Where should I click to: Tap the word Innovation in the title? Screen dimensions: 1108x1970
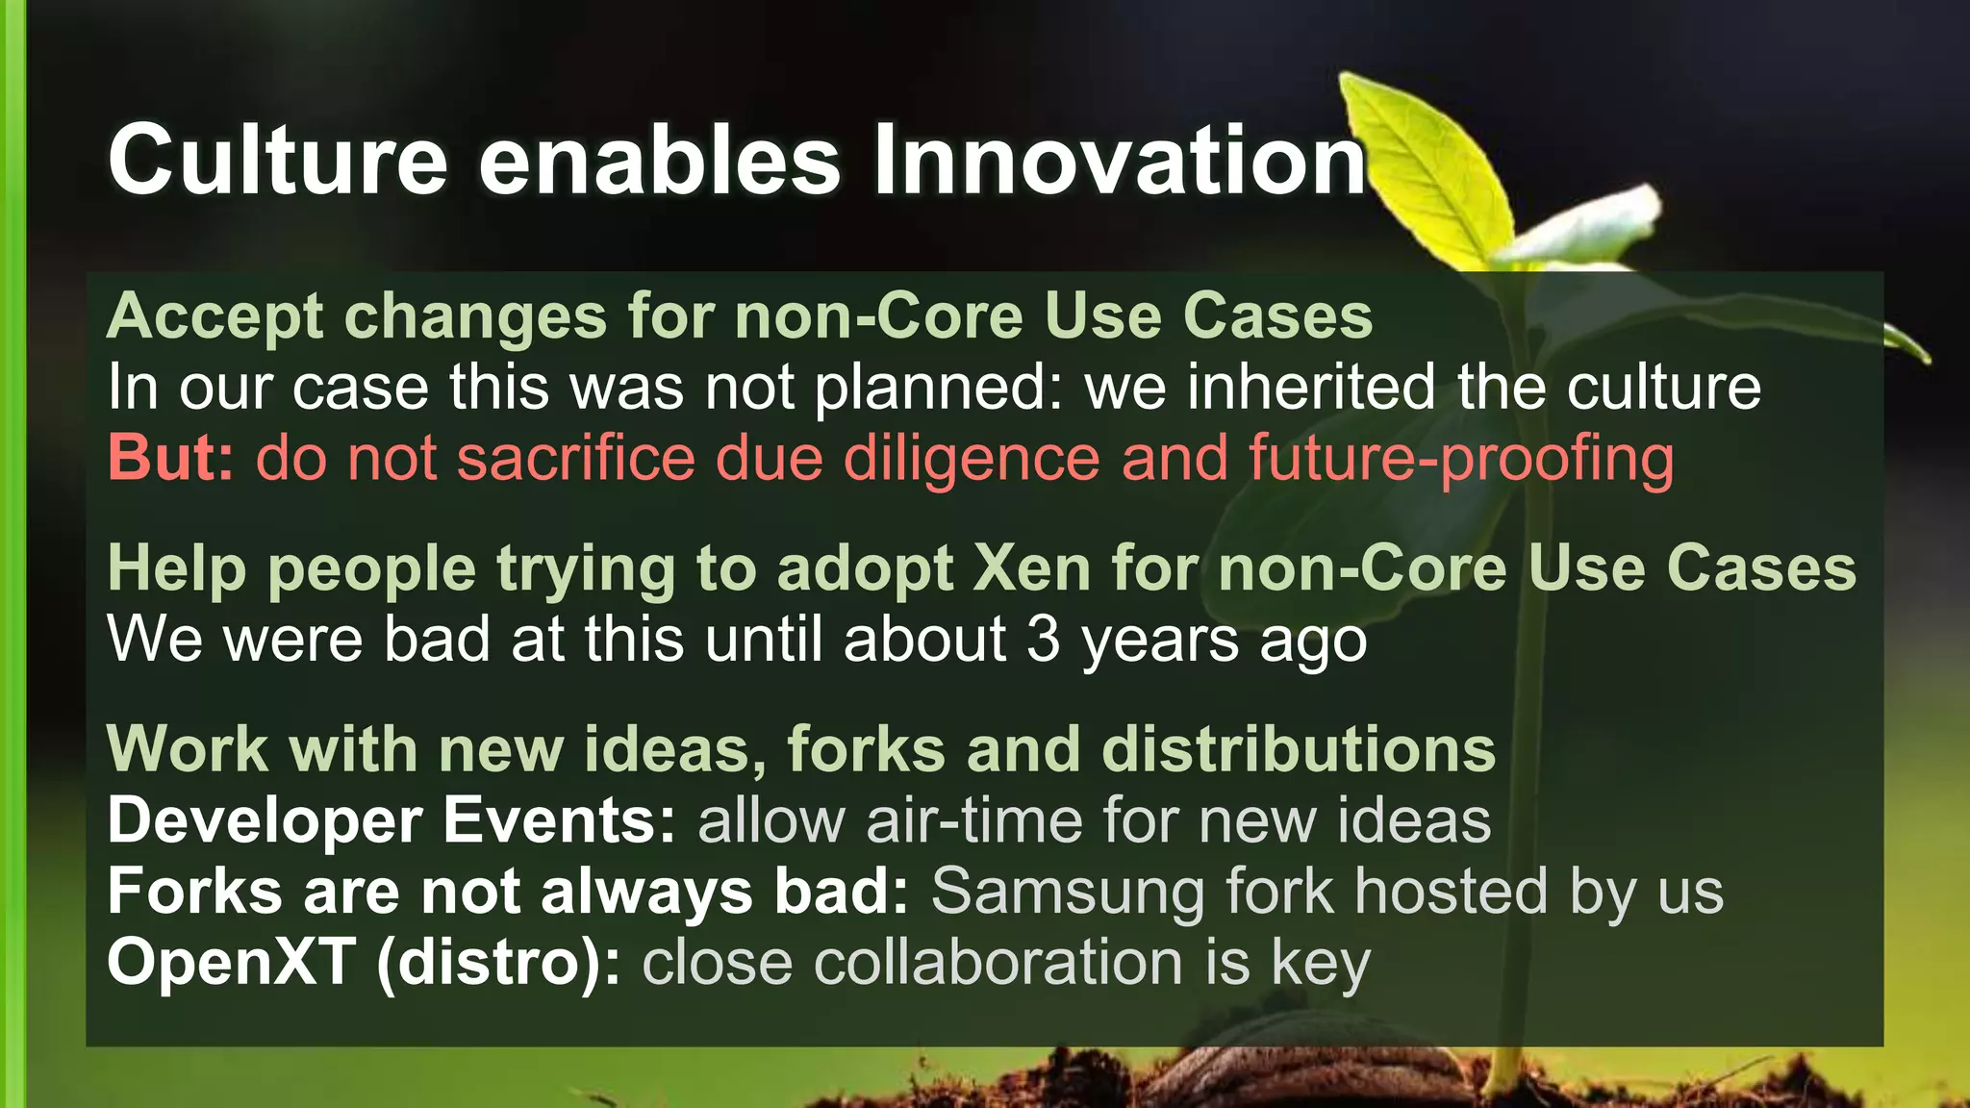[1119, 161]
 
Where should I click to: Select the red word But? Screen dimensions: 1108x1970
[170, 458]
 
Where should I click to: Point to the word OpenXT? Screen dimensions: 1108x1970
[231, 962]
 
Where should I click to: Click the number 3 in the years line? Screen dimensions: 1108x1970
[1043, 640]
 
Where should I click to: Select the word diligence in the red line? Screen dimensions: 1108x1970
[972, 458]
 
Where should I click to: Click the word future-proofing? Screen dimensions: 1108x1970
[1461, 460]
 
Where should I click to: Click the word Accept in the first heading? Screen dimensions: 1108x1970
[215, 317]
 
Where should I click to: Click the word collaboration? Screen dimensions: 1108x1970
[998, 962]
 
